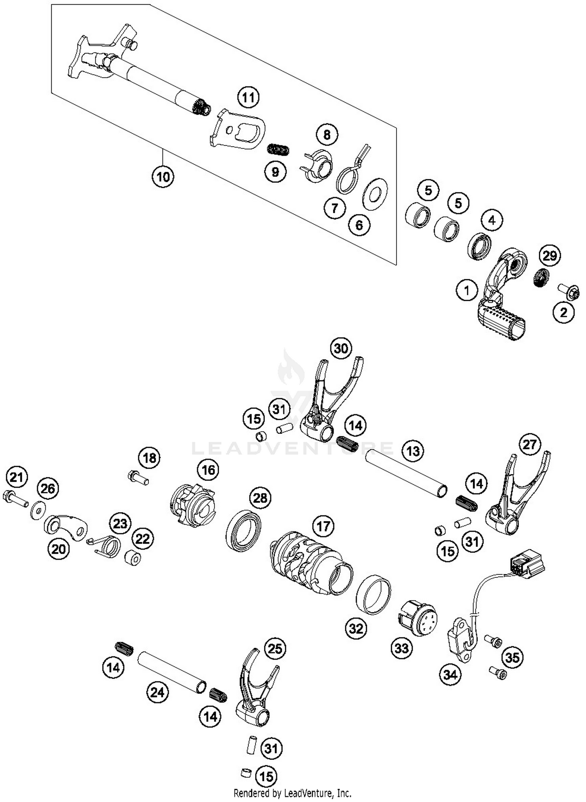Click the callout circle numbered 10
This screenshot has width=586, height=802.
pos(163,177)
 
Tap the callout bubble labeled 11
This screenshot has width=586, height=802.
pos(248,97)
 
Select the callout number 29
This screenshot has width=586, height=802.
pos(549,256)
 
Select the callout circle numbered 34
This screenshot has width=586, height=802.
pos(450,674)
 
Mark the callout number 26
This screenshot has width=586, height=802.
pos(48,488)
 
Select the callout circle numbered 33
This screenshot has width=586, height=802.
pos(402,648)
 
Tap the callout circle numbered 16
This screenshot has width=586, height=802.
pos(208,470)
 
